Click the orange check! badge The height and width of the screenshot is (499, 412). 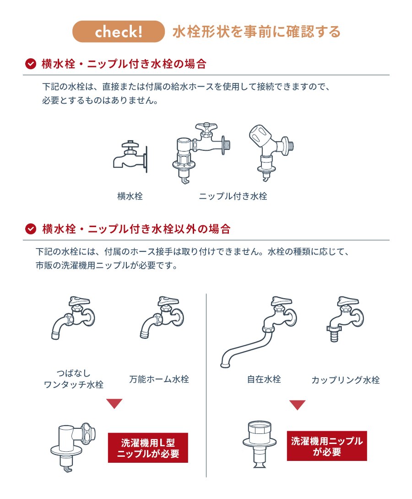point(119,32)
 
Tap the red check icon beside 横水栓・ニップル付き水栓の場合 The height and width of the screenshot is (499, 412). point(31,64)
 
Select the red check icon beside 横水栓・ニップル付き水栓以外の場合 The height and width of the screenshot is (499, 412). point(31,229)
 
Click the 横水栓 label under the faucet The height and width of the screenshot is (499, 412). point(130,196)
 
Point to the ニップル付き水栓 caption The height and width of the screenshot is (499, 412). point(233,196)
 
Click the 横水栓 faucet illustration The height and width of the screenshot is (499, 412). point(130,156)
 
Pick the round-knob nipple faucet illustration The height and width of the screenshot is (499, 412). point(271,152)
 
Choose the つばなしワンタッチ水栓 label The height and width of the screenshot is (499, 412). point(74,379)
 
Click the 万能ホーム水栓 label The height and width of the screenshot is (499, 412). point(159,379)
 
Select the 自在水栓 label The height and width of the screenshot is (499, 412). point(264,379)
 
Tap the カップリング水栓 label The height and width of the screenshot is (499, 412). point(346,380)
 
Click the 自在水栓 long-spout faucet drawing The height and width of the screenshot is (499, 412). point(259,332)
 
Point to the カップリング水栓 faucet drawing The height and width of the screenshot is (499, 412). point(345,319)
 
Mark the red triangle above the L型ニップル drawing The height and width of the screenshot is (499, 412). point(114,404)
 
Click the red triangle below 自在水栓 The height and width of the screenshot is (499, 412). point(297,405)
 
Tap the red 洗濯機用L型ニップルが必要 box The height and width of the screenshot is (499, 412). point(148,448)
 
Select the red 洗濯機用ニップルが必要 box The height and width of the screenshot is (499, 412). point(327,446)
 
